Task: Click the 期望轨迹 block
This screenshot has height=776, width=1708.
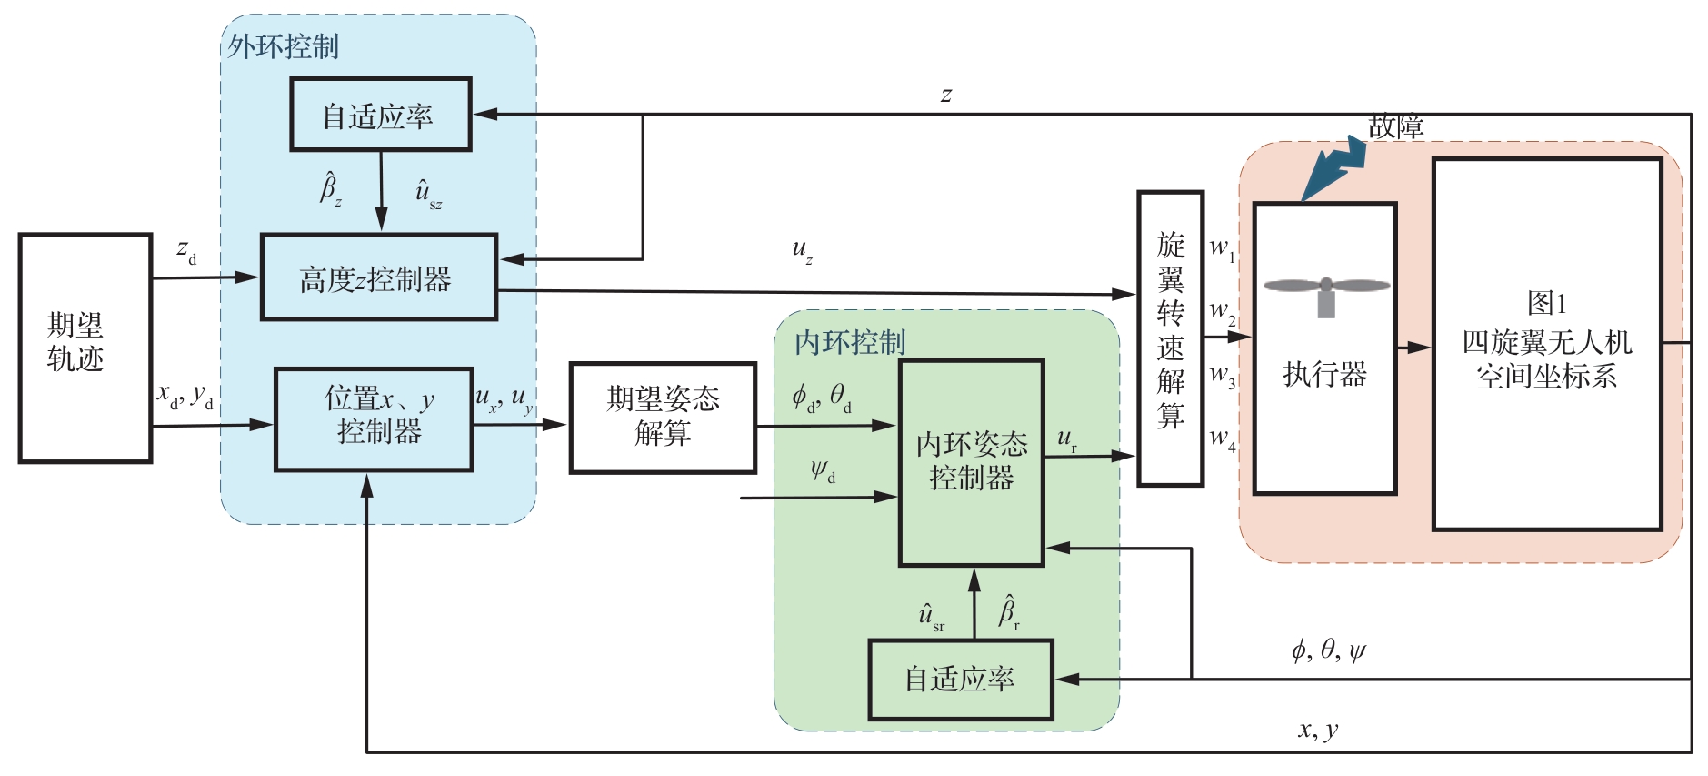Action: [85, 348]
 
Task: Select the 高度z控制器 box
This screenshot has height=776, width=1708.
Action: [378, 277]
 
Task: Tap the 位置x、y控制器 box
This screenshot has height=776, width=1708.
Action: [374, 418]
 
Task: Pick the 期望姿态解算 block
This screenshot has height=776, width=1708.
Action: [663, 418]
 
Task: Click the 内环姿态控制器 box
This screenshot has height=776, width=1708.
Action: [971, 462]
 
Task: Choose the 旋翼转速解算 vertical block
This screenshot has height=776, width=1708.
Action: [1170, 338]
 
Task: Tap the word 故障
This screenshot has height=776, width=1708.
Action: [1395, 126]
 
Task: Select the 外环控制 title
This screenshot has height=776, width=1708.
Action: [283, 46]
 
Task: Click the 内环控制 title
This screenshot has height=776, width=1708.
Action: [850, 342]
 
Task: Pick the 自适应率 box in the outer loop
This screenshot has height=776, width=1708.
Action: [380, 115]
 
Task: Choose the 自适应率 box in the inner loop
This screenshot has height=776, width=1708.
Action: [960, 680]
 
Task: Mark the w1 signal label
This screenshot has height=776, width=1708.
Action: [1222, 247]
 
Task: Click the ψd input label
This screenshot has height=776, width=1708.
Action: [823, 471]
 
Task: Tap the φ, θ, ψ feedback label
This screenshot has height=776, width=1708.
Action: [1328, 650]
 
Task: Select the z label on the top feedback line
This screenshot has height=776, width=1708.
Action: [946, 95]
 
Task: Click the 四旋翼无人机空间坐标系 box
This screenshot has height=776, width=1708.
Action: [1546, 344]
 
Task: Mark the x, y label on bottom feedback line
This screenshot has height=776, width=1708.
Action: [1317, 730]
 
